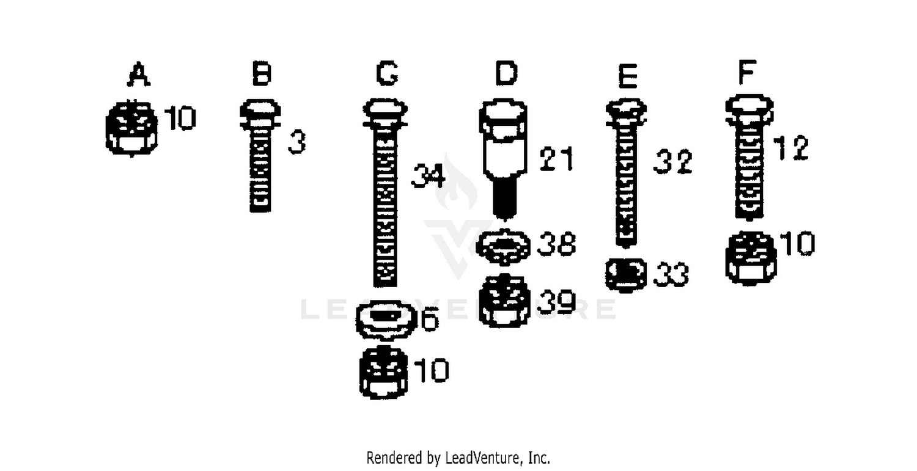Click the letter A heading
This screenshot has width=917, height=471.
139,75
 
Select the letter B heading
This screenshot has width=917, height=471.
262,74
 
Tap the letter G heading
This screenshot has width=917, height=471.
387,74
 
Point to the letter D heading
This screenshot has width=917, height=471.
506,74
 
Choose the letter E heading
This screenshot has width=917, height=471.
628,76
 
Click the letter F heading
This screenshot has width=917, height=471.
747,72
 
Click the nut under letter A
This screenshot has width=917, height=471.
131,128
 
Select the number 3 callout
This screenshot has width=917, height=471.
296,142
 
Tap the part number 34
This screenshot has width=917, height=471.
428,176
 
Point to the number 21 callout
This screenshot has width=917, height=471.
556,159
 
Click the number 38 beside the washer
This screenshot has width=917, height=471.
556,244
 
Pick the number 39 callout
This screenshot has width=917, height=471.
556,302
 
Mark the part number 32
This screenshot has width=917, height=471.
672,162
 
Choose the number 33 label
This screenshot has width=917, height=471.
671,274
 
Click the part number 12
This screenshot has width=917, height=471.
791,148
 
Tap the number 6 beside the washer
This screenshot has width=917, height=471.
430,319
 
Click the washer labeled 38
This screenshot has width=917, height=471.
503,247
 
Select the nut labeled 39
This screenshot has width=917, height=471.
505,301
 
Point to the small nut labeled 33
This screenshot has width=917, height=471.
625,274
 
